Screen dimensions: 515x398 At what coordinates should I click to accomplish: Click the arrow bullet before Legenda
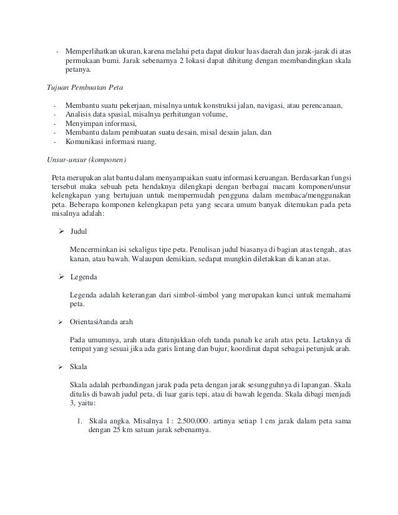click(62, 276)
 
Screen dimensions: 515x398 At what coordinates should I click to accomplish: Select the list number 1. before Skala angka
click(79, 420)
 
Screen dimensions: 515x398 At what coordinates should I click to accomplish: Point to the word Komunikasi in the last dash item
click(88, 142)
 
